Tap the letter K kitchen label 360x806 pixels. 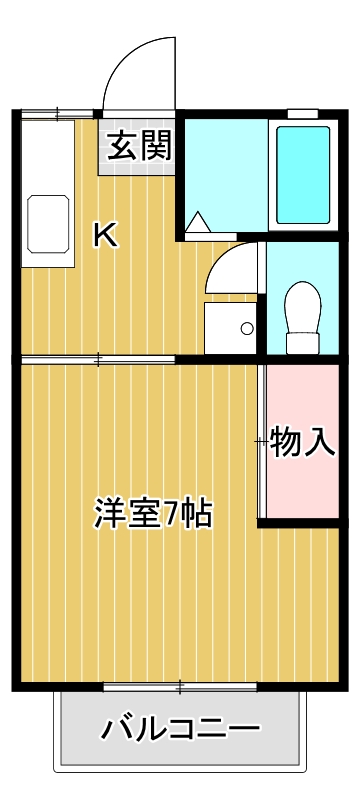(105, 236)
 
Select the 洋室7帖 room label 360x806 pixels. (153, 513)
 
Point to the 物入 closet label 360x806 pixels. (303, 440)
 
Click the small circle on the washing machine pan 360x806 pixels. (246, 327)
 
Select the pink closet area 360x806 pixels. (303, 440)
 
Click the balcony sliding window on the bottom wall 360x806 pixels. (181, 686)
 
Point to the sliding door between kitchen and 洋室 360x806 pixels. (98, 358)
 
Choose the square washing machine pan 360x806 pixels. (230, 326)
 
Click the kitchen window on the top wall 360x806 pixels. (58, 113)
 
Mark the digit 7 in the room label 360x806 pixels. (174, 513)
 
